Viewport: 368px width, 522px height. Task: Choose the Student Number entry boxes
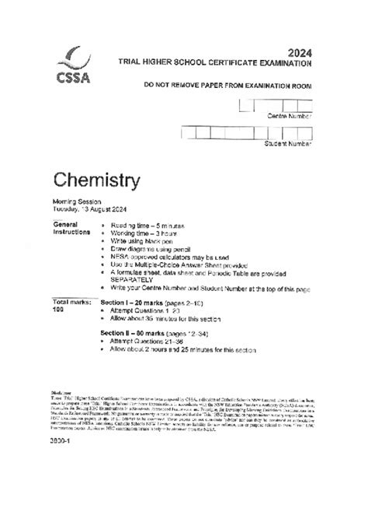(x=248, y=132)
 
